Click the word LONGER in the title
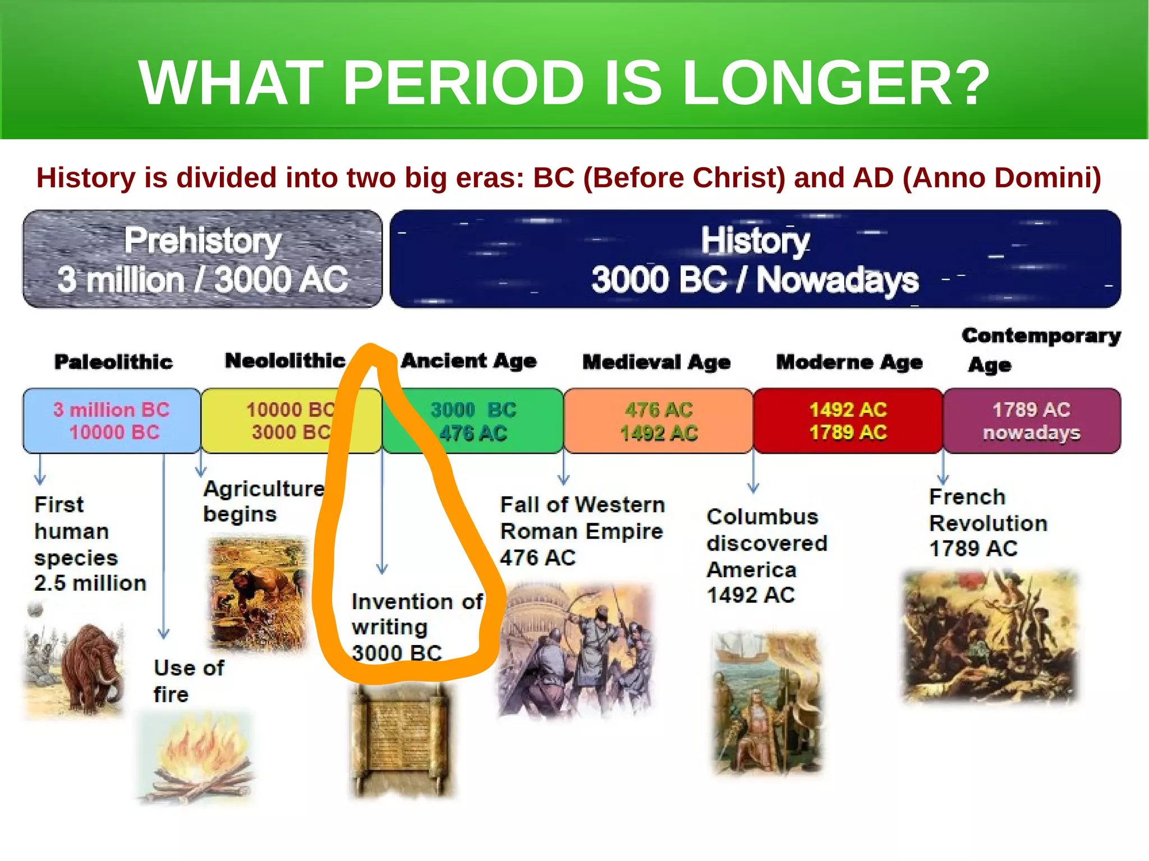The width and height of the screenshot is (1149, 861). tap(836, 83)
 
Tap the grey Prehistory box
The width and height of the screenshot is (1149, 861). tap(203, 259)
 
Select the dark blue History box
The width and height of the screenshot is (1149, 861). tap(755, 259)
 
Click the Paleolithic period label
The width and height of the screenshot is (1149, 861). tap(113, 362)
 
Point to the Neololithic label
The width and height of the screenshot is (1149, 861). tap(285, 361)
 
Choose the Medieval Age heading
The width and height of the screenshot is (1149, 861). tap(656, 362)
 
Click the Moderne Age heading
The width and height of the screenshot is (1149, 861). tap(849, 362)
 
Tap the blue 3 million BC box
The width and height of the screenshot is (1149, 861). tap(112, 421)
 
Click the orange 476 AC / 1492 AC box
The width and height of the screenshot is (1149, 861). tap(658, 421)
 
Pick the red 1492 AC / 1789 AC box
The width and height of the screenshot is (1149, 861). tap(848, 421)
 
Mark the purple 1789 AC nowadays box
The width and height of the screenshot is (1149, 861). tap(1031, 421)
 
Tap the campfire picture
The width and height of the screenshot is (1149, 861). tap(196, 757)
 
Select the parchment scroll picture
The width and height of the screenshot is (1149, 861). tap(401, 740)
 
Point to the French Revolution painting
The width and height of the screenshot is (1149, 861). tap(990, 637)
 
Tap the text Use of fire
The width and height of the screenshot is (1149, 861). tap(189, 681)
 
